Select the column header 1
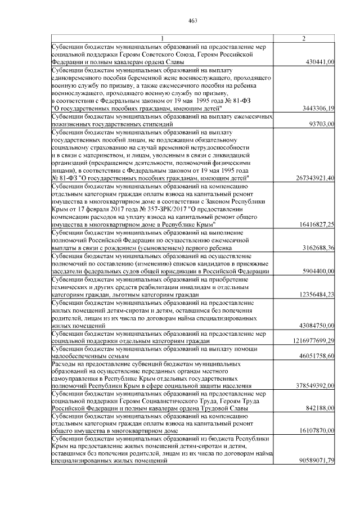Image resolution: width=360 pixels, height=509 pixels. click(163, 38)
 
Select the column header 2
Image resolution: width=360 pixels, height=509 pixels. click(304, 38)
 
